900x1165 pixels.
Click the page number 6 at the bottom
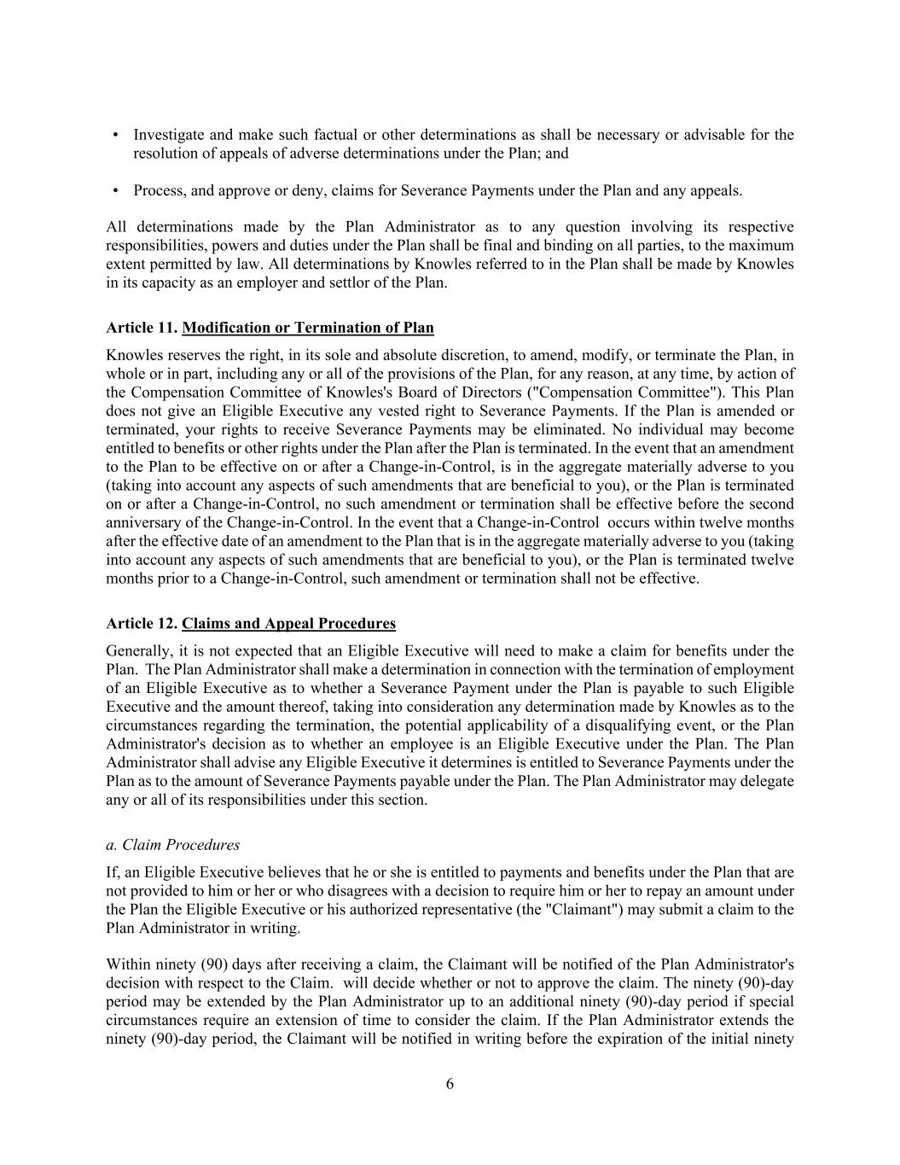click(x=450, y=1085)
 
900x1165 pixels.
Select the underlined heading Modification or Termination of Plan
click(x=307, y=328)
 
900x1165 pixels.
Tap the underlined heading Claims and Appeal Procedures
click(x=288, y=624)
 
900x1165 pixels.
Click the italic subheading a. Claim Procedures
click(x=173, y=845)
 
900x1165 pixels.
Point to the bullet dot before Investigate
click(x=116, y=135)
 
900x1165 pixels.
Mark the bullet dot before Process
click(x=116, y=190)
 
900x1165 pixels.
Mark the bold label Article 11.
click(x=142, y=328)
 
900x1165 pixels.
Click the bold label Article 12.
click(x=142, y=624)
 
